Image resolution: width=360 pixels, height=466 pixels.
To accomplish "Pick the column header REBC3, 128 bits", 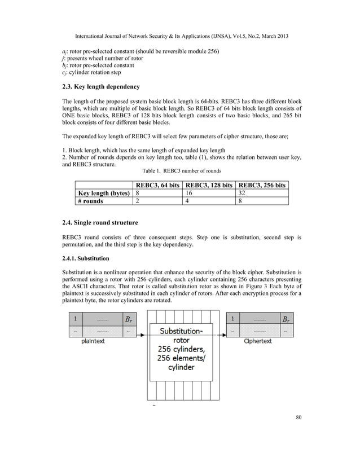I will [x=209, y=184].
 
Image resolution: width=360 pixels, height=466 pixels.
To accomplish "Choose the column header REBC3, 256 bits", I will [x=262, y=184].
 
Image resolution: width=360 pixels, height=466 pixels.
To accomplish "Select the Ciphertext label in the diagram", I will [x=258, y=341].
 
